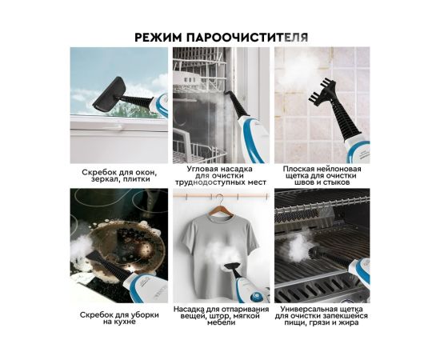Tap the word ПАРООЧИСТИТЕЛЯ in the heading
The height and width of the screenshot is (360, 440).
click(x=247, y=38)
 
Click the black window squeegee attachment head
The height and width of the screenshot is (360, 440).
click(x=107, y=94)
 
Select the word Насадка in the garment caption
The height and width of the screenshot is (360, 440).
click(x=188, y=310)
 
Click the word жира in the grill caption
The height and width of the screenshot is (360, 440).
click(x=349, y=322)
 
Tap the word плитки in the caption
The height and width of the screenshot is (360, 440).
click(x=138, y=179)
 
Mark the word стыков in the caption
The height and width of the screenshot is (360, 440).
click(x=337, y=182)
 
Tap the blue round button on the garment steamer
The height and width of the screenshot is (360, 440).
click(x=256, y=297)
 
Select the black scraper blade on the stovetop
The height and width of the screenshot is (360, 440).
click(x=99, y=256)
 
